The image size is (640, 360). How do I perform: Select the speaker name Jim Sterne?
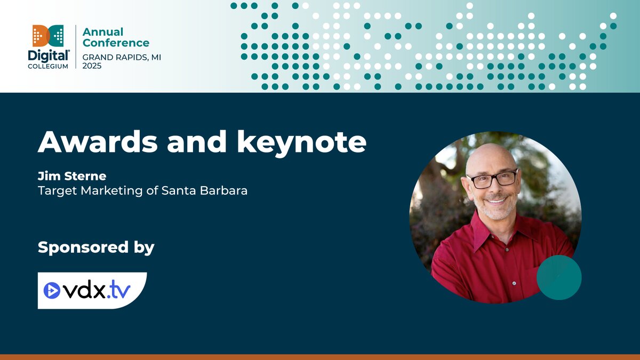65,176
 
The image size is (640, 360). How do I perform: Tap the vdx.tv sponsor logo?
92,290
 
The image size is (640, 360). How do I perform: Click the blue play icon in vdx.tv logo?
52,290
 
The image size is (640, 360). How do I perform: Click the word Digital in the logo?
48,55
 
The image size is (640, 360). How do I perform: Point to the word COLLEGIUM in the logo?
48,66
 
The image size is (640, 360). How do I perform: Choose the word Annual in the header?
103,32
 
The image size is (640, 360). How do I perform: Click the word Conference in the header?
116,43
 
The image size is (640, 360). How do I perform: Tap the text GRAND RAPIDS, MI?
117,57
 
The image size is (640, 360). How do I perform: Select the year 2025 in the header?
92,66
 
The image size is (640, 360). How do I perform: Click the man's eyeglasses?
492,179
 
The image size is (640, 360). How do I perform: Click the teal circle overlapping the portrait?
558,277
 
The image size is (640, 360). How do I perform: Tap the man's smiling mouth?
496,202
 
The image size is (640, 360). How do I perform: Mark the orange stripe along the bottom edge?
320,357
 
